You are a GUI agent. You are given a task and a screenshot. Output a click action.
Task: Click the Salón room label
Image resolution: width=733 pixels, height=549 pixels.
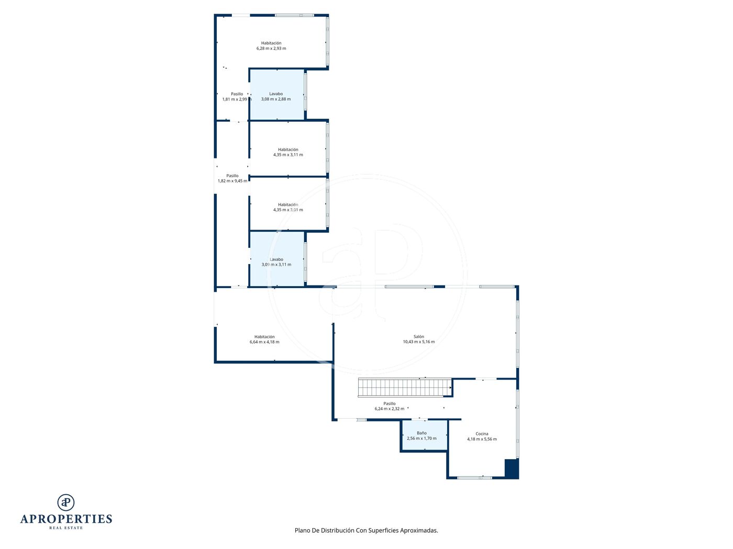point(418,336)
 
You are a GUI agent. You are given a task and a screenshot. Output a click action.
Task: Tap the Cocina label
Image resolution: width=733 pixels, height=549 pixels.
point(482,433)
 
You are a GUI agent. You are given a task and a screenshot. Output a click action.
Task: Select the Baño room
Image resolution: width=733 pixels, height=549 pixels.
point(424,436)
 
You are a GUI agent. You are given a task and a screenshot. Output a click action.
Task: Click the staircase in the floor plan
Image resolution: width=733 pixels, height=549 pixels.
point(405,387)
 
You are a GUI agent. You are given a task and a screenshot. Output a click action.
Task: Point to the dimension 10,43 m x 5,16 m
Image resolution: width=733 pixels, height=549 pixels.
point(418,341)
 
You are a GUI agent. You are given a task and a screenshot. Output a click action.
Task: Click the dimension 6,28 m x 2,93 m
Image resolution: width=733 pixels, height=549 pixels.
point(271,48)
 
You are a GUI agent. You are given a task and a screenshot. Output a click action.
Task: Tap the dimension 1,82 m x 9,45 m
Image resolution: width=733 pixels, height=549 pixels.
point(232,181)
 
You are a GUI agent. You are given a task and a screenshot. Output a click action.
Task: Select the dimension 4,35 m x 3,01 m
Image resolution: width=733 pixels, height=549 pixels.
point(288,210)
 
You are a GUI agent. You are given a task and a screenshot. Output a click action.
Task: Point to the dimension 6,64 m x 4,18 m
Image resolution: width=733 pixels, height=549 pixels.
point(264,341)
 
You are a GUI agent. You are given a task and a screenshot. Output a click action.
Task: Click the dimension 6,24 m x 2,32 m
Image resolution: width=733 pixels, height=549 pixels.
point(390,409)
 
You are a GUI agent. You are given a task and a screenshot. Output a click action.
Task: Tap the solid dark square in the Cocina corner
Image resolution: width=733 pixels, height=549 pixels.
point(511,468)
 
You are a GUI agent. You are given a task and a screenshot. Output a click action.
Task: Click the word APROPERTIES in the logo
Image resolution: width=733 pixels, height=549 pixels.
point(66,519)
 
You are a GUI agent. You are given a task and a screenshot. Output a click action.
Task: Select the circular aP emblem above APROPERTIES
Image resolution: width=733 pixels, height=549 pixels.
point(66,502)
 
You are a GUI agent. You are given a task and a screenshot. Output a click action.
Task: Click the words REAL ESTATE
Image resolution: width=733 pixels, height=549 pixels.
point(66,528)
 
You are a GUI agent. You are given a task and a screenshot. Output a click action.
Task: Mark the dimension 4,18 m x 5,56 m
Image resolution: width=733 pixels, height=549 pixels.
point(482,439)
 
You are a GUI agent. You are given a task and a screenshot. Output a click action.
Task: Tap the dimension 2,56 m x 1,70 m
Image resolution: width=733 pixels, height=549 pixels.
point(421,438)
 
